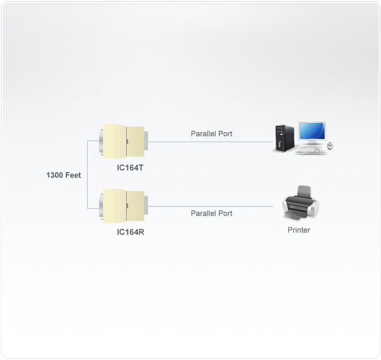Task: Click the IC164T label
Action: coord(130,168)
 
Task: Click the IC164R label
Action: coord(131,232)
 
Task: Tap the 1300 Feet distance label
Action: coord(64,175)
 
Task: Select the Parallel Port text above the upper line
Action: coord(212,133)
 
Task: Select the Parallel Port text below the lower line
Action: coord(212,213)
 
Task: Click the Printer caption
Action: coord(299,230)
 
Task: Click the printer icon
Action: coord(300,203)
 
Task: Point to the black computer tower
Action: coord(284,139)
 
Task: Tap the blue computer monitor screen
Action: coord(312,131)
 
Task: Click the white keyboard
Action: coord(311,150)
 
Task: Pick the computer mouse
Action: coord(330,145)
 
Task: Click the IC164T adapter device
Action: coord(124,142)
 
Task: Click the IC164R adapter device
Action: coord(124,206)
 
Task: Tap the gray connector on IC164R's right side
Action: coord(146,205)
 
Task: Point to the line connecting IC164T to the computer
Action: coord(211,142)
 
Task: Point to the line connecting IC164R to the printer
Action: coord(211,206)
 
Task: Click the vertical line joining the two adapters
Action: coord(88,174)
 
